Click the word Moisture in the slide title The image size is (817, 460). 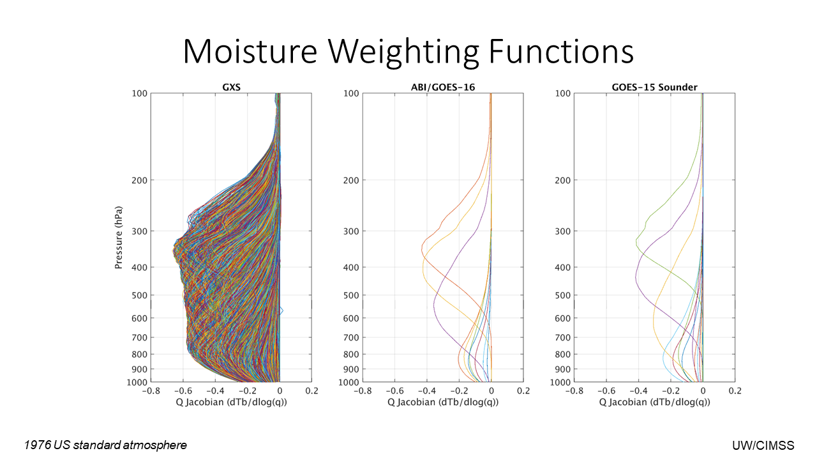[250, 52]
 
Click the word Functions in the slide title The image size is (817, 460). [561, 52]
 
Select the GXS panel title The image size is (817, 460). [231, 88]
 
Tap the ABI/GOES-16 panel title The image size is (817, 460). [443, 88]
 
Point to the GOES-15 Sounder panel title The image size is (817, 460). [654, 88]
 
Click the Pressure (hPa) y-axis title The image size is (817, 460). [118, 238]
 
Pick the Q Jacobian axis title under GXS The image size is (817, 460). [231, 402]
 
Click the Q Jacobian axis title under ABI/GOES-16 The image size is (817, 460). [443, 402]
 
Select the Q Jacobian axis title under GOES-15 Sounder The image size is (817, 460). [654, 402]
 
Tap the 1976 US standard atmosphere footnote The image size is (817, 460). [105, 445]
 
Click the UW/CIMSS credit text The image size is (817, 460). [763, 445]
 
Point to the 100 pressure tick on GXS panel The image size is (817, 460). [140, 93]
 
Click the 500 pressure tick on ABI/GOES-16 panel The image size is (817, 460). [351, 295]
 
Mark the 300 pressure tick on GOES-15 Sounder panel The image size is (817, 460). [563, 231]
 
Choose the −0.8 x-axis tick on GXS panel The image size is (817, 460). [151, 391]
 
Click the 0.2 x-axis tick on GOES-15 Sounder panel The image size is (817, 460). [735, 391]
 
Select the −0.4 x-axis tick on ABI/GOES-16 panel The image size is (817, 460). [427, 391]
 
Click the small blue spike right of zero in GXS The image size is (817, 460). [281, 311]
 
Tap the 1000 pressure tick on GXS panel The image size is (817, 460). [137, 382]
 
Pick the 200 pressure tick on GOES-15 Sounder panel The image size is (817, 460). [563, 180]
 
